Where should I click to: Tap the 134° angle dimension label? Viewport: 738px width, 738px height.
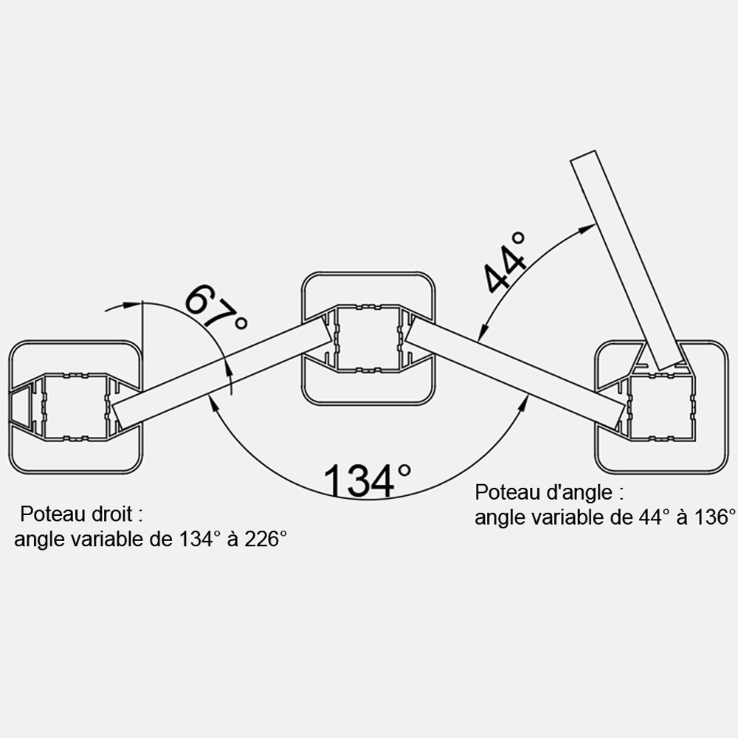point(368,480)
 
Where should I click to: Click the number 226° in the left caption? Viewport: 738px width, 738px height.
point(265,539)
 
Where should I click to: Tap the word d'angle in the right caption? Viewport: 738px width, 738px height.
point(585,493)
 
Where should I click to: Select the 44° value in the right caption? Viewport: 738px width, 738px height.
point(654,517)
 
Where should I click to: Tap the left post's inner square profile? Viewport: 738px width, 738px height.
point(75,407)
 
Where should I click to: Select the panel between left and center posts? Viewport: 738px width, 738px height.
point(221,372)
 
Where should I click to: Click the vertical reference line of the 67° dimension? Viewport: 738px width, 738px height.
point(142,325)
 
